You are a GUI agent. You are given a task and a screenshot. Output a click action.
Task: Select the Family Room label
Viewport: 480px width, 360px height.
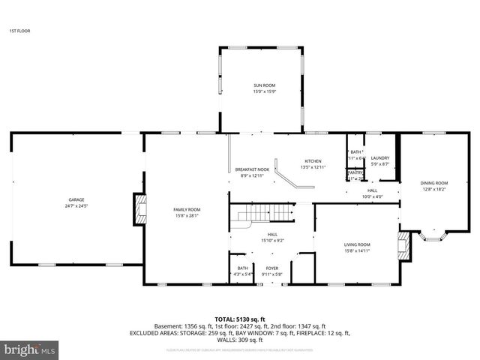tap(187, 209)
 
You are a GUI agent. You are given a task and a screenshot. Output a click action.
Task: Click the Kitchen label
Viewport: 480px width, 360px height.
tap(312, 161)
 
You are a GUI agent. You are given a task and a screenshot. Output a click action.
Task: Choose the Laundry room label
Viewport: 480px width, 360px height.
tap(380, 157)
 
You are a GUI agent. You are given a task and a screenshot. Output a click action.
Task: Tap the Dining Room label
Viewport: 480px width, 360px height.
tap(433, 184)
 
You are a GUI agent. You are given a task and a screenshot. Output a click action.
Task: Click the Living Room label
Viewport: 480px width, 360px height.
tap(357, 244)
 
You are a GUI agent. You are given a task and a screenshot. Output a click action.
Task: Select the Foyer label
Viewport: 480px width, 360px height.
tap(271, 268)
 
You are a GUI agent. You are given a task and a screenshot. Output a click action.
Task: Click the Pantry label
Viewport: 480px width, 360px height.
tap(355, 172)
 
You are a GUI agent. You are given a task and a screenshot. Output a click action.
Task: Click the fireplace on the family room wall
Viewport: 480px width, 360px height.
tap(139, 209)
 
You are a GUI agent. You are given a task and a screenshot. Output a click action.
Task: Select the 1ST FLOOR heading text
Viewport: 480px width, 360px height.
tap(19, 31)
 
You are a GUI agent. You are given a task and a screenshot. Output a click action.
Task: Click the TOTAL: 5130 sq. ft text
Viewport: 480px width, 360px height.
tap(239, 319)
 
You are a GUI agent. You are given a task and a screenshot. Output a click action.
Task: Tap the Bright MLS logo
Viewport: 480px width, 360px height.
tap(29, 349)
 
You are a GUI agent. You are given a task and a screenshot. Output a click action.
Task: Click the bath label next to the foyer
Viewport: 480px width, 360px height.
tap(243, 268)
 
